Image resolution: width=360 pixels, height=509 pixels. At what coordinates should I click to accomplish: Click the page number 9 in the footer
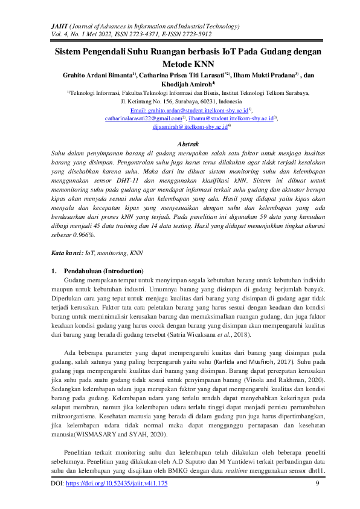tap(317, 484)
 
